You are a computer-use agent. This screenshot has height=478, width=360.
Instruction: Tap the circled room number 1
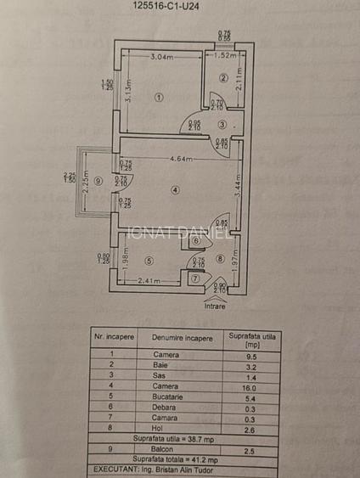(158, 98)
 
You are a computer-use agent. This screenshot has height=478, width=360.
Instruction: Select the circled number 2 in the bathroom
(223, 78)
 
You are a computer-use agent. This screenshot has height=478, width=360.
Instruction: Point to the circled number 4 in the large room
(175, 189)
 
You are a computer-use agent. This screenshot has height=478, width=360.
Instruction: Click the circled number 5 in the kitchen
(149, 261)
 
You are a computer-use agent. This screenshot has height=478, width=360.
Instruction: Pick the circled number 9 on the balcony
(98, 180)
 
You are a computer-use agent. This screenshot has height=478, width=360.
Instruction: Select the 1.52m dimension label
(225, 56)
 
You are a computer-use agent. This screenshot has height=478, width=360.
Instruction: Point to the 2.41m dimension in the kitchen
(149, 281)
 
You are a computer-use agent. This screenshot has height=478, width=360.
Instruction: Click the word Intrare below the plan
(215, 306)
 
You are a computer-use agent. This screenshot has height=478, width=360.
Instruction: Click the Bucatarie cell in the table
(166, 396)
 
